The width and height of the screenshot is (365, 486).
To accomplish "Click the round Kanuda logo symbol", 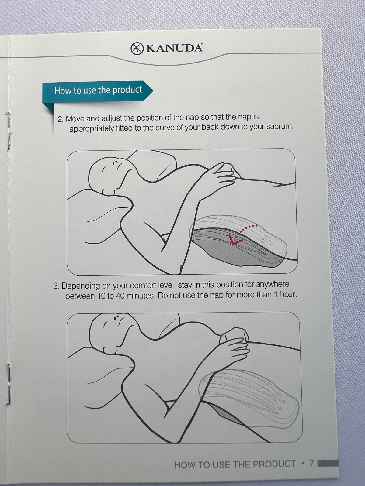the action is (x=137, y=49).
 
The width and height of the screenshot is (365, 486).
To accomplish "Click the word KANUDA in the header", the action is (x=174, y=48).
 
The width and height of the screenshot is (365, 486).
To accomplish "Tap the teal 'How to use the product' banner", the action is (x=98, y=91).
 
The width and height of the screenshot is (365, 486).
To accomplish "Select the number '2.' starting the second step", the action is (x=61, y=119).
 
